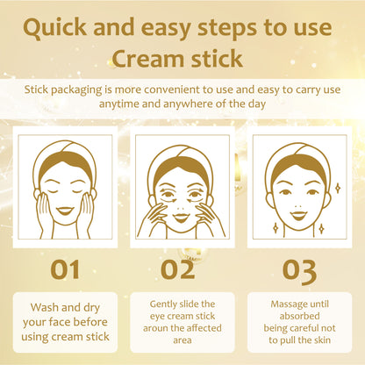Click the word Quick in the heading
tap(54, 28)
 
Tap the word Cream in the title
tap(148, 59)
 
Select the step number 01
tap(65, 269)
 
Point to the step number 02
tap(178, 269)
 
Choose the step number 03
tap(299, 271)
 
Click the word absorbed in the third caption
tap(299, 316)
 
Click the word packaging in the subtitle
tap(76, 90)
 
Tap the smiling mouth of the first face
tap(65, 211)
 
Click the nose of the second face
tap(181, 208)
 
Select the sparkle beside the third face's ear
tap(338, 188)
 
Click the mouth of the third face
tap(299, 216)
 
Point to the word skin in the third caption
tap(323, 340)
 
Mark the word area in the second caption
tap(182, 340)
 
